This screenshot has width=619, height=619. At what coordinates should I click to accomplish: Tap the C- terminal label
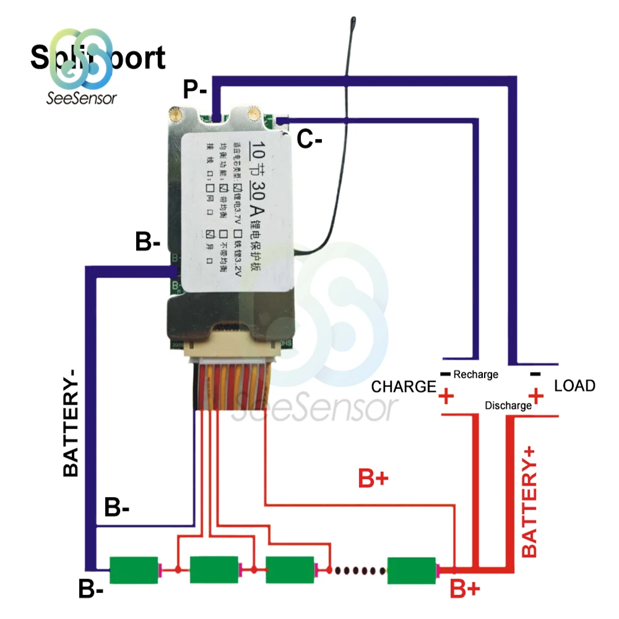coord(309,139)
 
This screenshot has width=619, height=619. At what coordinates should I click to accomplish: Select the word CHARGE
coord(404,387)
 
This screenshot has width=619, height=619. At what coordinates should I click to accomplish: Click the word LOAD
coord(574,386)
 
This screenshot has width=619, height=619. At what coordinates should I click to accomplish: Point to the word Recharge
coord(475,374)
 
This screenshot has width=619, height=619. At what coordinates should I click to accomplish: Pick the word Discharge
coord(508,406)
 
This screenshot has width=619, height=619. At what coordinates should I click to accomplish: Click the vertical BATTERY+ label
coord(530,500)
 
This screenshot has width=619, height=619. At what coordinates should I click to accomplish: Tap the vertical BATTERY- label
coord(71,422)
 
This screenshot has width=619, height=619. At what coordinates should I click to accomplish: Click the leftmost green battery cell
coord(134,569)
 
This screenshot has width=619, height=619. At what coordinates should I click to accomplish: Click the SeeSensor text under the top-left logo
coord(81,97)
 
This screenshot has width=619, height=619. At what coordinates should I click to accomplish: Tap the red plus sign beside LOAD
coord(536,395)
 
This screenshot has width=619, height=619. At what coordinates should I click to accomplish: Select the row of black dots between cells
coord(358,569)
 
